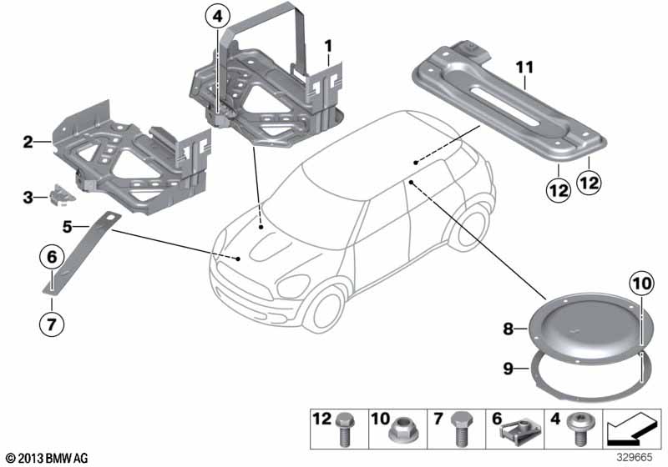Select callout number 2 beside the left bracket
(x=28, y=143)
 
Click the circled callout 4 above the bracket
(x=216, y=16)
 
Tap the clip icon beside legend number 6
(x=512, y=429)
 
